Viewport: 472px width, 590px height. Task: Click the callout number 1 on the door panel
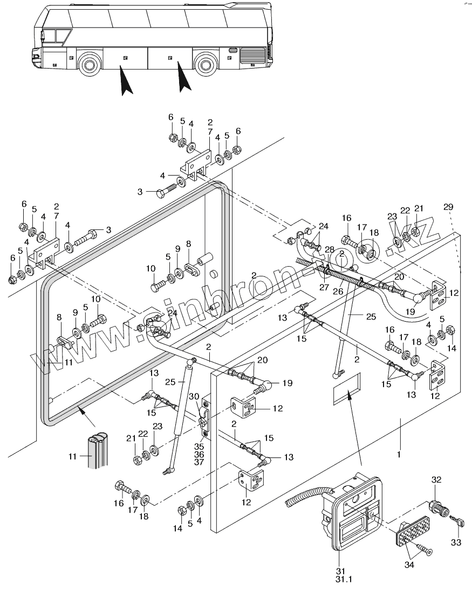click(399, 455)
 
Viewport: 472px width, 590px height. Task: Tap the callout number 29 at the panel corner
click(449, 207)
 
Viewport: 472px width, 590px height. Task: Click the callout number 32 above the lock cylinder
click(436, 479)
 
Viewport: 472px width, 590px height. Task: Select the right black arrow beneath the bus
click(183, 77)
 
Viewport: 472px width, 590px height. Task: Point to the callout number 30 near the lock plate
click(195, 396)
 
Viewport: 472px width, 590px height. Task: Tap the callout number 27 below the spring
click(324, 288)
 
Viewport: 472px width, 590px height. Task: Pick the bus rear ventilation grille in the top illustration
click(251, 56)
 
